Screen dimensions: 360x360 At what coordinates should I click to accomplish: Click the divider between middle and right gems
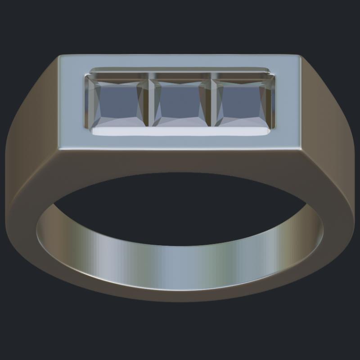tap(211, 103)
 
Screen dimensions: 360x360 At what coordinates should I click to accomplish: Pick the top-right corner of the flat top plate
tap(300, 56)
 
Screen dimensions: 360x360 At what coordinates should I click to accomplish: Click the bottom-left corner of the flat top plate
tap(58, 148)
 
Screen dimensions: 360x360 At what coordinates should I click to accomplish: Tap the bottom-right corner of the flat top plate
tap(301, 148)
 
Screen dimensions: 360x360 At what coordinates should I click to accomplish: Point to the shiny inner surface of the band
tap(180, 265)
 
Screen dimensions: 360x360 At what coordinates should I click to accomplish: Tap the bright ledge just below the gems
tap(180, 131)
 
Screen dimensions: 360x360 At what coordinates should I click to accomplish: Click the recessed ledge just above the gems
tap(180, 71)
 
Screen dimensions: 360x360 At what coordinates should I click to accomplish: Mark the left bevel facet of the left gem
tap(93, 103)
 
